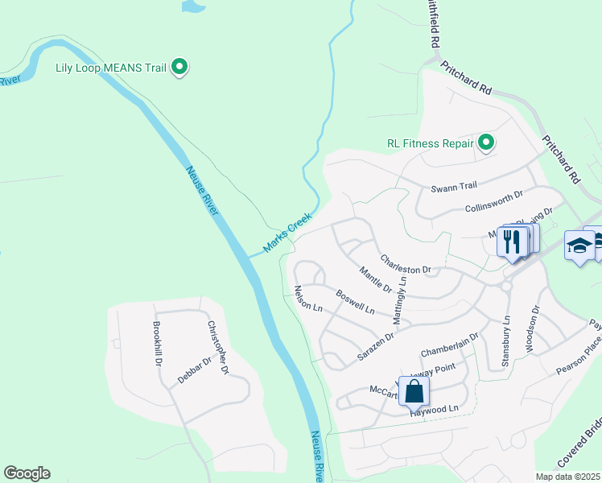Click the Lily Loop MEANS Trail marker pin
[x=181, y=68]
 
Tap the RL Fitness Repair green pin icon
[x=486, y=143]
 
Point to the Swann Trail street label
[x=454, y=187]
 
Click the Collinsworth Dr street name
[x=494, y=202]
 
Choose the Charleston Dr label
[x=406, y=263]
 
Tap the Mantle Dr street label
[x=375, y=279]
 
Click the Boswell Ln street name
[x=355, y=302]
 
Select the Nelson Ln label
[x=307, y=299]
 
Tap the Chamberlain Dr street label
[x=449, y=345]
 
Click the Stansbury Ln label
[x=506, y=341]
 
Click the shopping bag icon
[x=414, y=391]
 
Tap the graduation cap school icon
[x=579, y=244]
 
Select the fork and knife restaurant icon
[x=510, y=240]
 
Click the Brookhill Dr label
[x=157, y=344]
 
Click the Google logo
[x=27, y=473]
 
